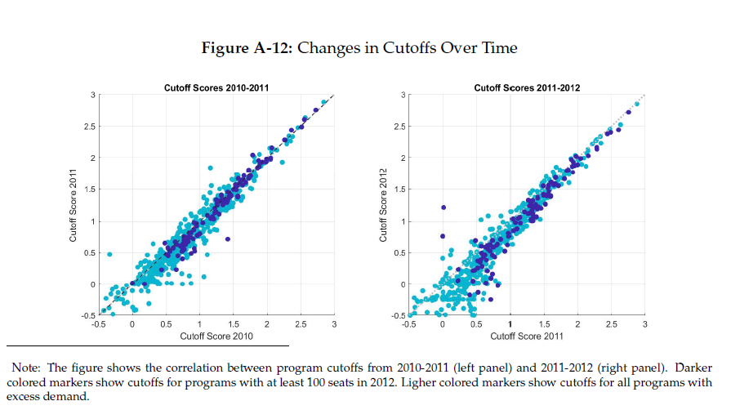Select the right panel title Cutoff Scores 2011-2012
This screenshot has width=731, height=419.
[527, 87]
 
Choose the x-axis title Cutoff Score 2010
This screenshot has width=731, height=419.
[216, 337]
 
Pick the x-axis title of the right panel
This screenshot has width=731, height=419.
[527, 337]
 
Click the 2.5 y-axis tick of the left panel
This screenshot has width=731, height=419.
[89, 127]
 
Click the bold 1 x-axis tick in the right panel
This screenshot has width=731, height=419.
[510, 326]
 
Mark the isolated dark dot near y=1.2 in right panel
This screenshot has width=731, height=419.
[443, 207]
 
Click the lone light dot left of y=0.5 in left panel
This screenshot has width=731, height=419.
[109, 254]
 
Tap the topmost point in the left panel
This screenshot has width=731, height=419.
[323, 102]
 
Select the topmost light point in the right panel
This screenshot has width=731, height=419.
[637, 105]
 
